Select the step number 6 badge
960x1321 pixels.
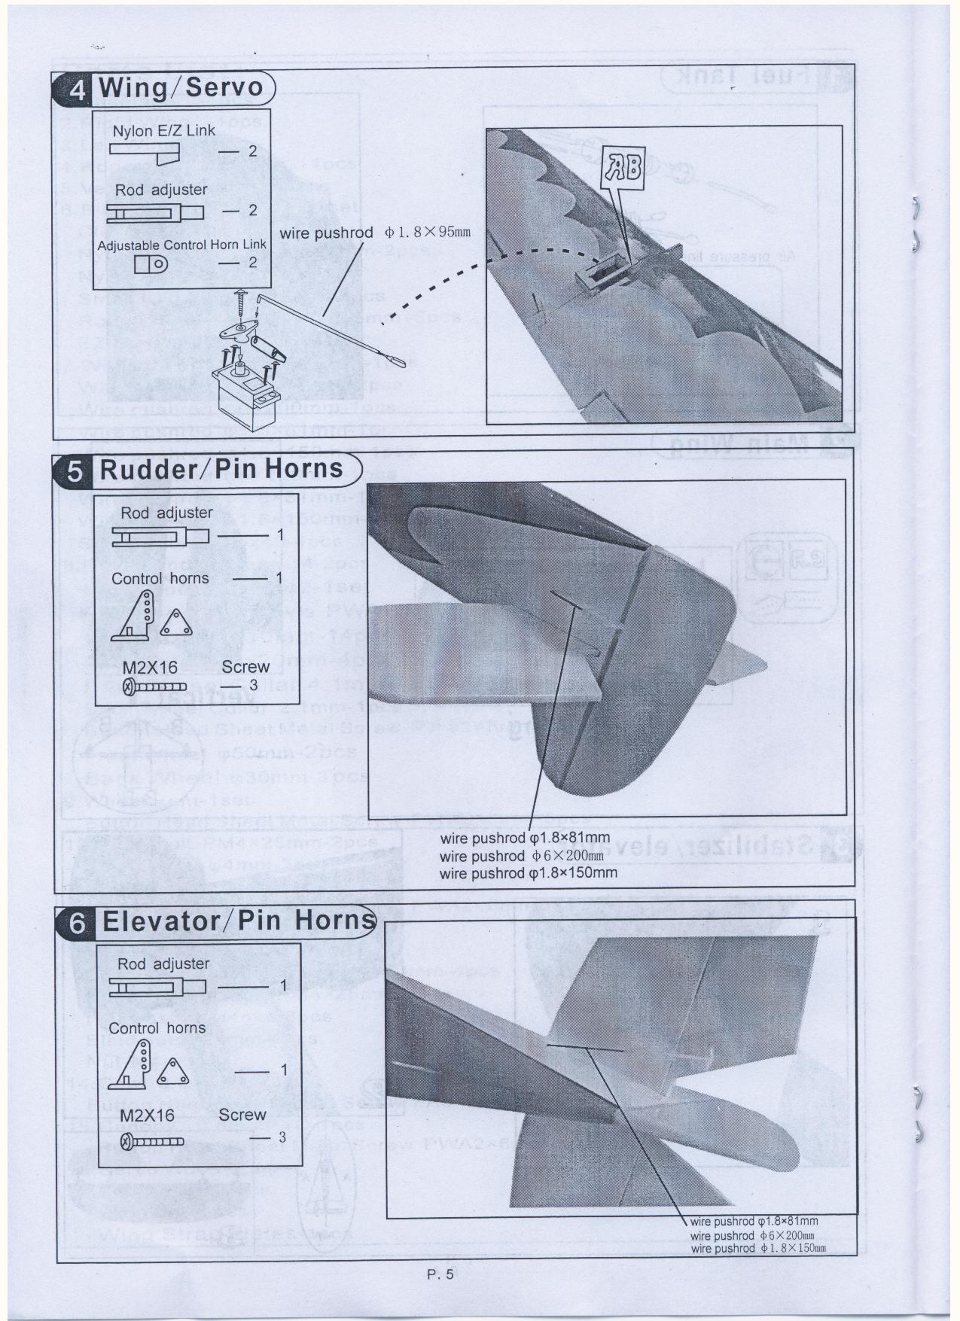point(78,923)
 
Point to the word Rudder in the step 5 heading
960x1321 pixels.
point(154,469)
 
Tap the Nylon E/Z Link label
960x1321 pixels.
point(164,131)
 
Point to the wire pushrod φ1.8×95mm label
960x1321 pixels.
point(375,232)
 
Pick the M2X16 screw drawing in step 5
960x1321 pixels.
point(154,686)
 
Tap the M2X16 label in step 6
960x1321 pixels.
point(147,1116)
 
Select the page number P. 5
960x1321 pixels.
point(438,1275)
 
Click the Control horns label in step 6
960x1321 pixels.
point(157,1028)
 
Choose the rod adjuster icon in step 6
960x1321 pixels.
point(157,987)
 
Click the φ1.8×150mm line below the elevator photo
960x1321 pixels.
point(754,1249)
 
